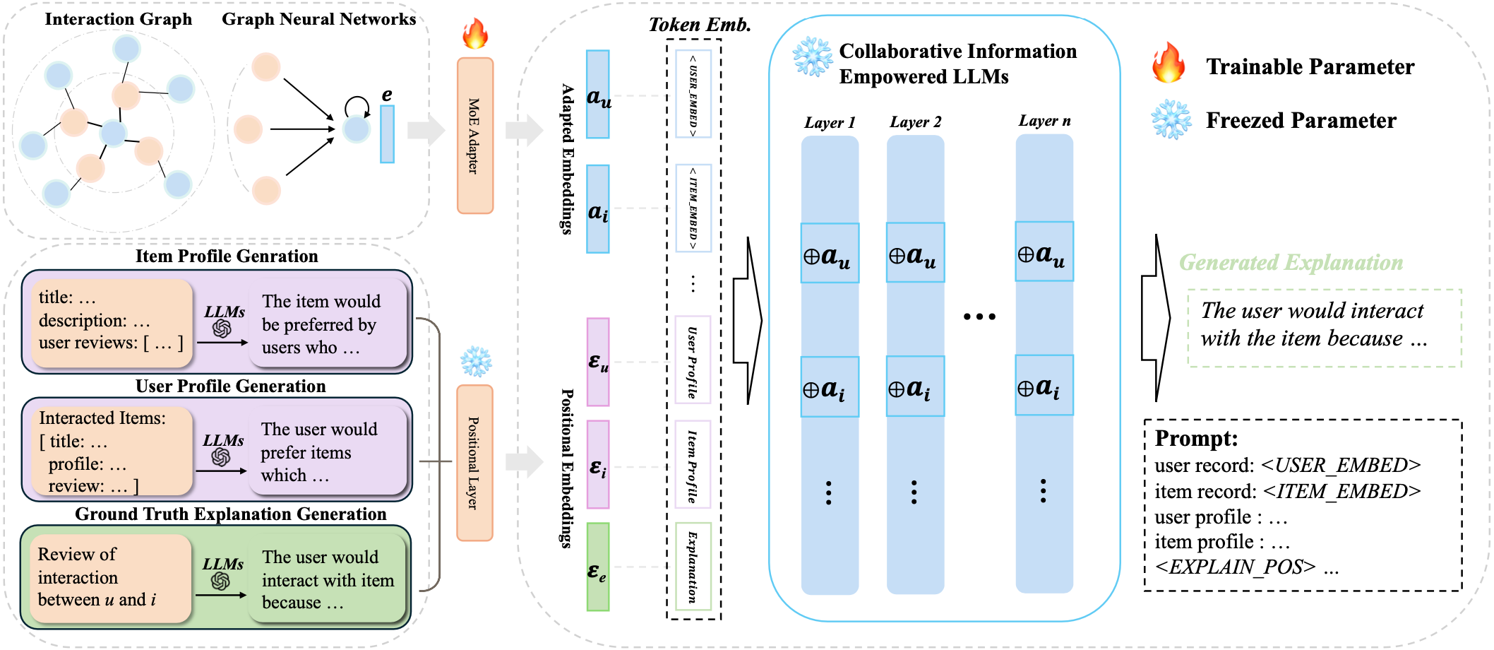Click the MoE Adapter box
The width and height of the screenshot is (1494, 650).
tap(474, 136)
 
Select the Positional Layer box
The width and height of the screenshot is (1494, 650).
tap(474, 463)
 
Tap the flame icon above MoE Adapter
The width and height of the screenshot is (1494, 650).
tap(475, 33)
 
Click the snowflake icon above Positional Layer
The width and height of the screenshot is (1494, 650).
tap(476, 361)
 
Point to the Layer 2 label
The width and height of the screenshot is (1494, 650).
tap(915, 122)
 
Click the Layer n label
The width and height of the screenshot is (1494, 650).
tap(1044, 121)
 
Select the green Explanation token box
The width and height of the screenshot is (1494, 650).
tap(693, 566)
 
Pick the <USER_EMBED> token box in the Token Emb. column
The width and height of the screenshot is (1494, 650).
tap(693, 93)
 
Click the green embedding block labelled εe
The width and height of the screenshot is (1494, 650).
tap(598, 567)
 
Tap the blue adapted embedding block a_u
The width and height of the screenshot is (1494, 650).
tap(598, 94)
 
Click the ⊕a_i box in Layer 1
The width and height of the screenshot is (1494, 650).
tap(830, 387)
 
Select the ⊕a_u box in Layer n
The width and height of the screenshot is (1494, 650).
tap(1044, 252)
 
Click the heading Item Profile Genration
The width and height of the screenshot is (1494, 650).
tap(227, 256)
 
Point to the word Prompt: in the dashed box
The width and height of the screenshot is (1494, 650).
tap(1196, 439)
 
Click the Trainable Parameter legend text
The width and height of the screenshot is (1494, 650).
tap(1310, 66)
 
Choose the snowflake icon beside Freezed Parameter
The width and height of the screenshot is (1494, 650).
tap(1171, 119)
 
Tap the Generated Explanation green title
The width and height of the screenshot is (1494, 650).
tap(1291, 263)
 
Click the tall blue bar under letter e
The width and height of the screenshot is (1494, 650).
tap(387, 134)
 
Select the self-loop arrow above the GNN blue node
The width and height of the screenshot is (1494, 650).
tap(357, 106)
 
